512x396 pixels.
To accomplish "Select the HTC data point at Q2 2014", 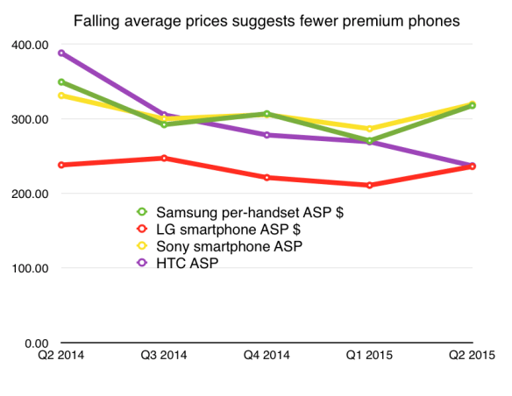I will (x=60, y=53).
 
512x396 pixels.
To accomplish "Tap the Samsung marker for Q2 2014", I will (x=60, y=81).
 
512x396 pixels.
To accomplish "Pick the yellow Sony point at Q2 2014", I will (x=60, y=95).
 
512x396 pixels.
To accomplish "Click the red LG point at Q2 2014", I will (x=60, y=165).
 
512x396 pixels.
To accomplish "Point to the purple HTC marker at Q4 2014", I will (x=267, y=135).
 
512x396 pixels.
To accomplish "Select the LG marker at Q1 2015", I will (x=369, y=185).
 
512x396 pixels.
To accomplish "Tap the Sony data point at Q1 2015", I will (x=369, y=129).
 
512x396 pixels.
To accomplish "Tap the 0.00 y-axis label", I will (x=36, y=343).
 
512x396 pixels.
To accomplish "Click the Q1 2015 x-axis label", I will (x=369, y=356).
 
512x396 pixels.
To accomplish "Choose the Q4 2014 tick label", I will (x=267, y=356).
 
